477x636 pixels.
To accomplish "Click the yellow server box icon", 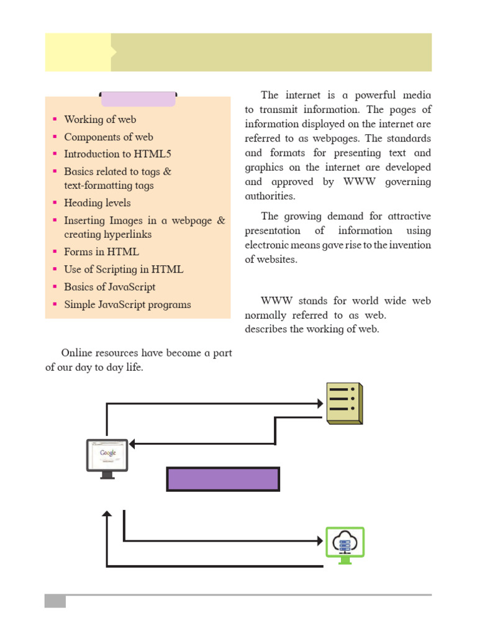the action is pos(345,403).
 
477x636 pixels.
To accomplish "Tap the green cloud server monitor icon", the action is pos(345,545).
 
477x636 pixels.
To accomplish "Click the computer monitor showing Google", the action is pos(107,459).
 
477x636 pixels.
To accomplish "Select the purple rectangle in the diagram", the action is pos(223,479).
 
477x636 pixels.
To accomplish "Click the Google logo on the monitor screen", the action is pos(108,453).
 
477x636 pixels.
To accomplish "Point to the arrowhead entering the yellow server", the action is pos(320,403).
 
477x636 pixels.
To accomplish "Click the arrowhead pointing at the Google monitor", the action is pos(132,443).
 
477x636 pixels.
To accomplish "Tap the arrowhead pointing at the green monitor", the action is pos(320,540).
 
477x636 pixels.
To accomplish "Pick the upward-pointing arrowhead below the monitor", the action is pos(107,513).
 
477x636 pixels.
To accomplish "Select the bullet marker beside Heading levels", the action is pos(55,202).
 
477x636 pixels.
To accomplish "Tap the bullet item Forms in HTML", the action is pos(101,252).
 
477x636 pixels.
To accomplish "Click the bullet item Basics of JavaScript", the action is pos(109,287).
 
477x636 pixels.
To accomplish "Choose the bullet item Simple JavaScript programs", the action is pos(127,304).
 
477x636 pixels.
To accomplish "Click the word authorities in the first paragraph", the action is pos(270,196).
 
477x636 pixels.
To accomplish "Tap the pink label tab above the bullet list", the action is pos(138,99).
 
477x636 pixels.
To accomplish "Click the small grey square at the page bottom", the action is pos(55,601).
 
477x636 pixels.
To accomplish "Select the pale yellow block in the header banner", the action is pos(78,52).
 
